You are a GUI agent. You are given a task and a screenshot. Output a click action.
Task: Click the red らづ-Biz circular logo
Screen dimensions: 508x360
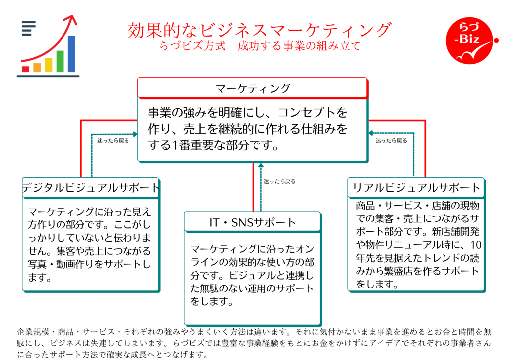click(469, 41)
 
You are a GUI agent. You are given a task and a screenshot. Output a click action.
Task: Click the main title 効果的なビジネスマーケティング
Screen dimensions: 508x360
click(259, 30)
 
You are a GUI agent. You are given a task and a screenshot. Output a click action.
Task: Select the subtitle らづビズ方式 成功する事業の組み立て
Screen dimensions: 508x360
click(259, 46)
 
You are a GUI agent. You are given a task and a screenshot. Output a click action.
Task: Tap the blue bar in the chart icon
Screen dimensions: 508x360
click(71, 54)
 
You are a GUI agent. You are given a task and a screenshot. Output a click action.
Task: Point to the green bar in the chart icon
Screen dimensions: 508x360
click(60, 61)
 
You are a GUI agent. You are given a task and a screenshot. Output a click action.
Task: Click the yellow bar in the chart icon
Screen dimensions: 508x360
click(49, 65)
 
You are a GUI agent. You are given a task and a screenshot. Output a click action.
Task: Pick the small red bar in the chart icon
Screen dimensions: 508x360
click(26, 69)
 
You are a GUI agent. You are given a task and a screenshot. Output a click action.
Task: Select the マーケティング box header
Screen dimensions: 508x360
click(253, 88)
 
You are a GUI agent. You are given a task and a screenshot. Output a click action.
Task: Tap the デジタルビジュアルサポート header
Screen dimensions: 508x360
click(91, 188)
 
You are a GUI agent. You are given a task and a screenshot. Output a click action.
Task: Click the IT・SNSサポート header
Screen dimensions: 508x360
click(253, 222)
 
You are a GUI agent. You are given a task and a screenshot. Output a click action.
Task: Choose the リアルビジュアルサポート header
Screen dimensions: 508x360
click(416, 188)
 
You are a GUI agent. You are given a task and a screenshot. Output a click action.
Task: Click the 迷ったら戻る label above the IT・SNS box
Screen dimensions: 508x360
click(280, 181)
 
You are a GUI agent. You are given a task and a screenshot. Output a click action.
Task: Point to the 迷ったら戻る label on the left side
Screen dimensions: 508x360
click(113, 141)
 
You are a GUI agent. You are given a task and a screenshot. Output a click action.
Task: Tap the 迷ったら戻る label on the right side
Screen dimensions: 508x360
click(391, 141)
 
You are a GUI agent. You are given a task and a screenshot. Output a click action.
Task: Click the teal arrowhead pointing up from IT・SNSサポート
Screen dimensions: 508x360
click(261, 165)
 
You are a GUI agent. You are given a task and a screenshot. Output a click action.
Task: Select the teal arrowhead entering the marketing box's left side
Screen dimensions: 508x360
click(135, 133)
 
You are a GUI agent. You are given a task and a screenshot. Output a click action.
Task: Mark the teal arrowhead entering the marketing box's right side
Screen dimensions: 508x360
click(371, 133)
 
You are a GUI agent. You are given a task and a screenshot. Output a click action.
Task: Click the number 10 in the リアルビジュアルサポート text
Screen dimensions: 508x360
click(476, 245)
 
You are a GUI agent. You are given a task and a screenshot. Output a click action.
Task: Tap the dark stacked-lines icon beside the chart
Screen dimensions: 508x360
click(28, 28)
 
